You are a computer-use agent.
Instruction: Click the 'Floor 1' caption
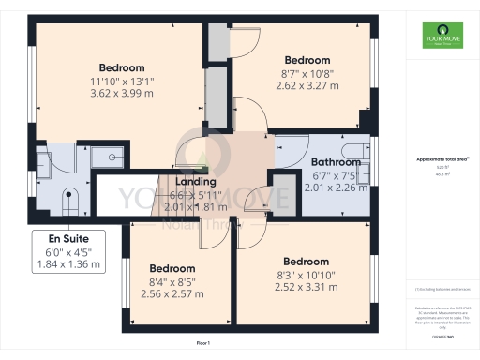point(202,344)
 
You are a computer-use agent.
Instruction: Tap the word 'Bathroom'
point(335,161)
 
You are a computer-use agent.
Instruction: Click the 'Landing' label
point(196,182)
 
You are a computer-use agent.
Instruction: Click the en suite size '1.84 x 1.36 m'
point(69,265)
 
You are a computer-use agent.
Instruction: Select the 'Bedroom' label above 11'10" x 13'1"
point(123,67)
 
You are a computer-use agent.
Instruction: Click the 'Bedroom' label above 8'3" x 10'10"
point(306,262)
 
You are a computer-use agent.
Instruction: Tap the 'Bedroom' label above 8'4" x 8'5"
point(172,268)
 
